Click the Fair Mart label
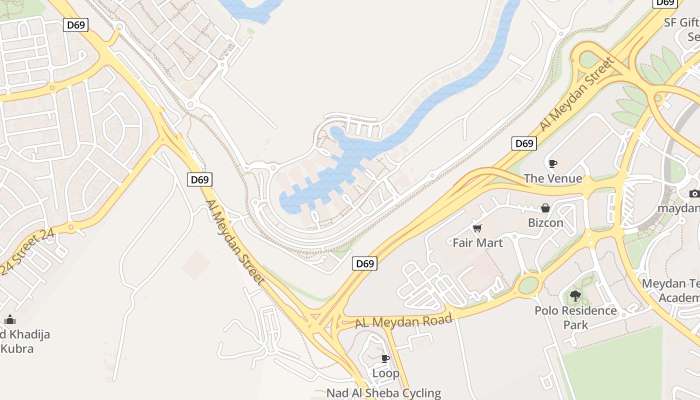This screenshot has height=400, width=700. coord(477,243)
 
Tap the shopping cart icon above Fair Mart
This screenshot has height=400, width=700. coord(477,228)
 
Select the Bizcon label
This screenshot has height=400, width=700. coord(545,223)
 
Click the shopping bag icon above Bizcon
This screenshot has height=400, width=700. coord(545,208)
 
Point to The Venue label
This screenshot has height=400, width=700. coord(553,178)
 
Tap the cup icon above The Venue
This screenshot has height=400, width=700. coord(553,163)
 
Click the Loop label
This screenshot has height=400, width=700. coord(385,373)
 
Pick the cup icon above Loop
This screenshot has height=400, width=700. coord(385,358)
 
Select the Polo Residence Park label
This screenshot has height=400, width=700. coord(575,317)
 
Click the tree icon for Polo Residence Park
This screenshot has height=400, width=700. coord(575,296)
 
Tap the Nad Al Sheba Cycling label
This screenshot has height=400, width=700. coord(384,393)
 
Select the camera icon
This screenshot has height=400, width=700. coord(694,193)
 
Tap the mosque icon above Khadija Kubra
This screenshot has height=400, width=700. coord(10,319)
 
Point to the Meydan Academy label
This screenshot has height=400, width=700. coord(672,290)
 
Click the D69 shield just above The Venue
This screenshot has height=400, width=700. coord(524,143)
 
